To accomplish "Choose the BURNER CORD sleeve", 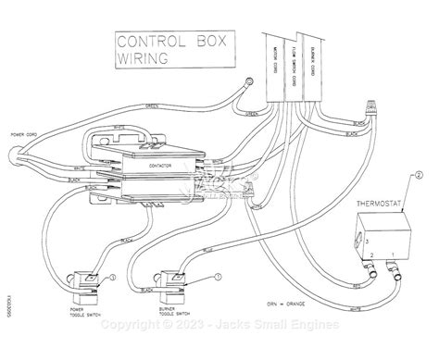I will click(x=320, y=56).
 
